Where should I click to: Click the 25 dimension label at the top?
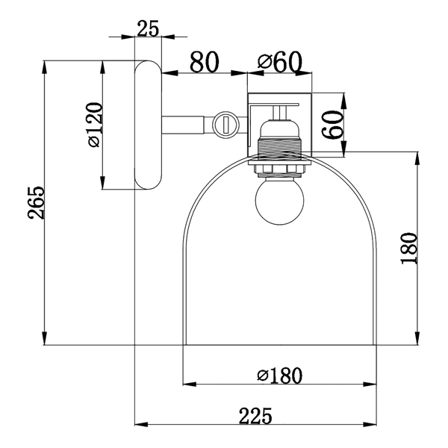tap(148, 28)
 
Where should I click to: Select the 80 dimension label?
tap(205, 62)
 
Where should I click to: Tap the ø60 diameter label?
tap(280, 62)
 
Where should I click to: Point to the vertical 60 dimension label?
tap(332, 125)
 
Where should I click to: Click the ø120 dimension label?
tap(95, 125)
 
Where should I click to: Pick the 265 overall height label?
tap(37, 203)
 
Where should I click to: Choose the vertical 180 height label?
tap(409, 249)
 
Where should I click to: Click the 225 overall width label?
tap(255, 416)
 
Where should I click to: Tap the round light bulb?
tap(279, 201)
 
